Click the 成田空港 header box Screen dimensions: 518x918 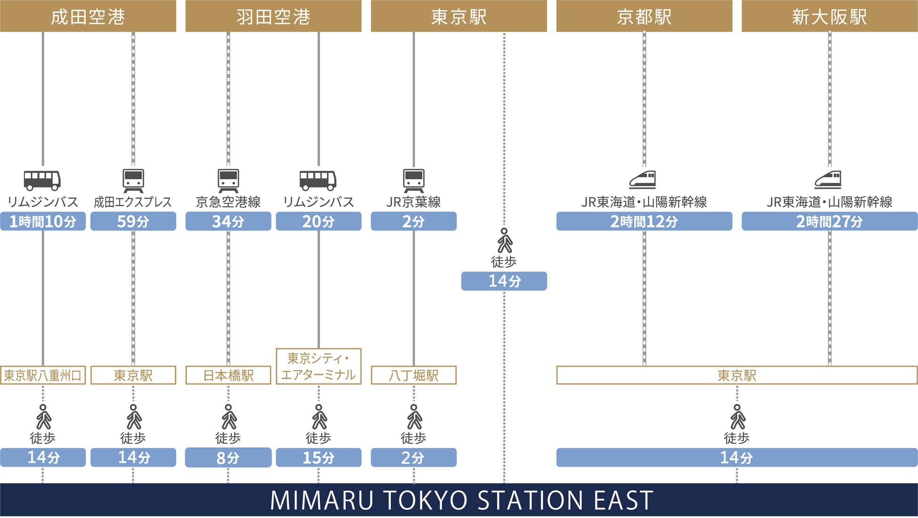click(x=88, y=16)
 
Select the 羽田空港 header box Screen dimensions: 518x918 click(x=273, y=16)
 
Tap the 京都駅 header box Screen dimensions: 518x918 click(x=644, y=16)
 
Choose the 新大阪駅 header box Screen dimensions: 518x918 click(x=829, y=16)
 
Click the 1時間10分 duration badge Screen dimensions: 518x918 click(x=43, y=221)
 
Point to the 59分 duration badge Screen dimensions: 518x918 click(x=133, y=221)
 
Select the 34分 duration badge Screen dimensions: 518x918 click(x=228, y=221)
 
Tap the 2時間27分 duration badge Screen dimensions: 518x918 click(x=829, y=221)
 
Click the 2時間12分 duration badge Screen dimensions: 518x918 click(x=644, y=221)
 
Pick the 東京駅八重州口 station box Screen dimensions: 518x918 click(x=43, y=375)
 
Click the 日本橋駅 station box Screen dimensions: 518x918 click(x=228, y=375)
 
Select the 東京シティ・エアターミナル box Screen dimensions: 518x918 click(x=319, y=367)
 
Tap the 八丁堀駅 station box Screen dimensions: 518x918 click(x=414, y=375)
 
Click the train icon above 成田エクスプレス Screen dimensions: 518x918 click(x=133, y=181)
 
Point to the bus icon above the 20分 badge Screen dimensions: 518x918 click(x=318, y=180)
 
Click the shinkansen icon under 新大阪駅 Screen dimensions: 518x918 click(x=828, y=180)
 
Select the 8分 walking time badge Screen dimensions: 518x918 click(x=228, y=457)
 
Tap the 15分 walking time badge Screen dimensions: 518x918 click(x=319, y=457)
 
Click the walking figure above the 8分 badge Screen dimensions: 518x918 click(x=229, y=417)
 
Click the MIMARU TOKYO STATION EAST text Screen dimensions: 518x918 click(x=461, y=500)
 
